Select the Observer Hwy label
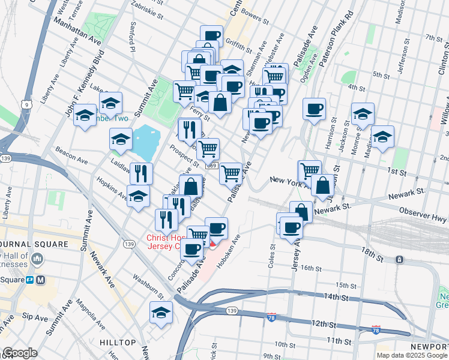click(x=424, y=216)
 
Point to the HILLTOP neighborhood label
click(x=118, y=342)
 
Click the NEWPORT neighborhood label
click(x=429, y=347)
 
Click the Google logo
click(x=20, y=352)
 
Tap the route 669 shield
click(x=211, y=165)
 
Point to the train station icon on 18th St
click(x=399, y=260)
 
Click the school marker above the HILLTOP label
click(x=161, y=313)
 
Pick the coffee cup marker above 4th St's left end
click(x=314, y=109)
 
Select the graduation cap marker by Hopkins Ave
click(x=139, y=197)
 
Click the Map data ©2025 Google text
click(x=411, y=355)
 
